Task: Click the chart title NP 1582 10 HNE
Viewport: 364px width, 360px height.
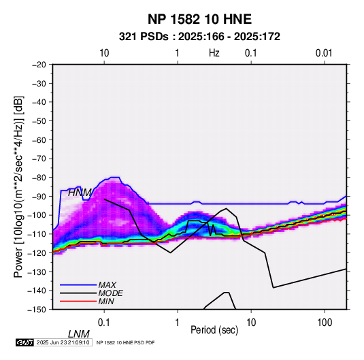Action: click(199, 19)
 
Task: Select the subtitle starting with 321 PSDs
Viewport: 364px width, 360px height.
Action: click(199, 37)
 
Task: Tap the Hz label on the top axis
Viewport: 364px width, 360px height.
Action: click(214, 53)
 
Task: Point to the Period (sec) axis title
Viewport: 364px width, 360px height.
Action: click(214, 330)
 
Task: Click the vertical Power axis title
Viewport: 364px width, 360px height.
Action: click(18, 187)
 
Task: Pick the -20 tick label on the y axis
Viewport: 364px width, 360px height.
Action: click(39, 65)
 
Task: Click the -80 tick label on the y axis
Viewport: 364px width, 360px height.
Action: click(39, 178)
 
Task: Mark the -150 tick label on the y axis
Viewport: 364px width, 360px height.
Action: click(37, 310)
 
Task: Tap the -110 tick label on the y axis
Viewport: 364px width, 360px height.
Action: click(37, 234)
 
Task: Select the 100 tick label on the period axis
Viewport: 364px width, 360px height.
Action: click(325, 323)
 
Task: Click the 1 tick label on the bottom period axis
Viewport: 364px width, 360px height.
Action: click(178, 323)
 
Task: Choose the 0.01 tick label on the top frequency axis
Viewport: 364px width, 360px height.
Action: click(324, 53)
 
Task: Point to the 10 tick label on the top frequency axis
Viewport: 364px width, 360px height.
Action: click(104, 53)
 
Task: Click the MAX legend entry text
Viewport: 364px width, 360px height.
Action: click(107, 284)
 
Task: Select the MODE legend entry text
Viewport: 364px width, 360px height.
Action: click(110, 293)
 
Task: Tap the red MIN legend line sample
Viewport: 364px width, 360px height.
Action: click(78, 301)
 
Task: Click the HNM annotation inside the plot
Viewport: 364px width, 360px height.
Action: click(80, 193)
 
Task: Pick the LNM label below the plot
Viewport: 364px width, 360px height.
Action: click(78, 334)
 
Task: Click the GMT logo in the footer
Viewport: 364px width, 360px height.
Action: click(25, 342)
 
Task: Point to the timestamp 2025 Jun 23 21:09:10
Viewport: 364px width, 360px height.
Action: click(63, 342)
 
